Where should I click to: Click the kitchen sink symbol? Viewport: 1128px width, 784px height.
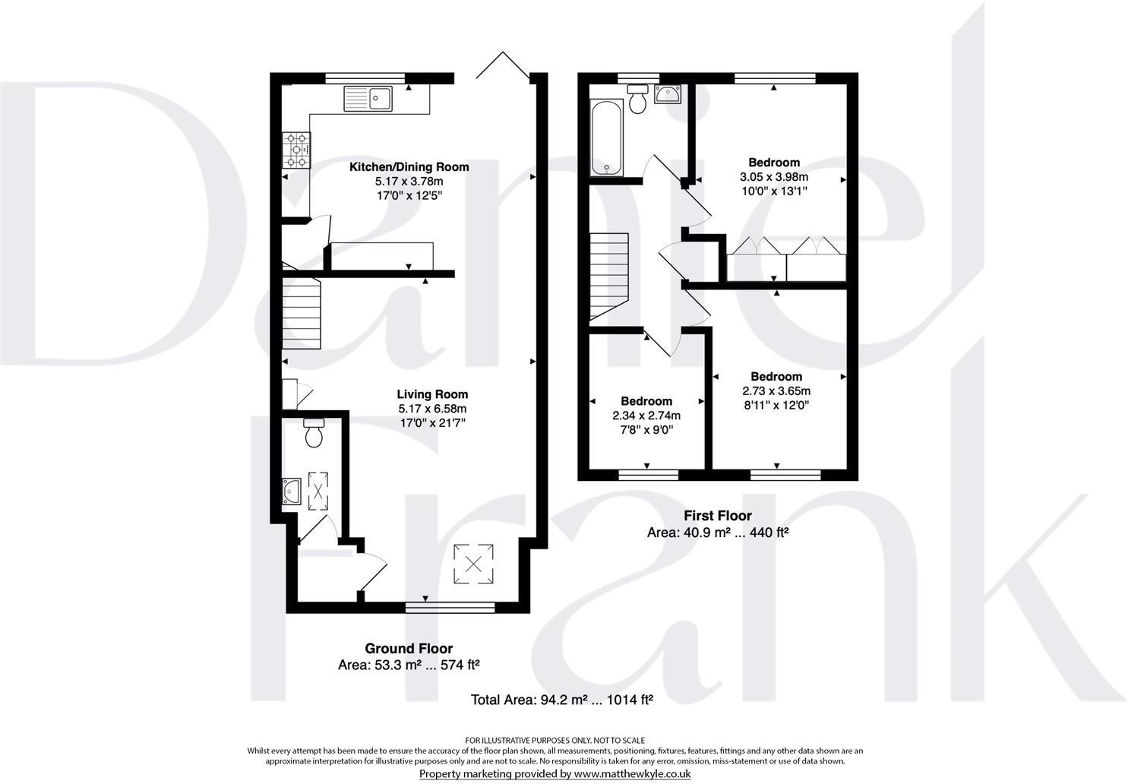(x=368, y=98)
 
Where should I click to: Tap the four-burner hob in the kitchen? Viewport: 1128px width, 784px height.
(x=297, y=150)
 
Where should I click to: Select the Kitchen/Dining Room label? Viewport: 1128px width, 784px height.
(x=409, y=166)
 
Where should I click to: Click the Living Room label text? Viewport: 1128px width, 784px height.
(x=432, y=394)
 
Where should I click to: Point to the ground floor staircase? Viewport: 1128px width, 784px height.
(x=302, y=314)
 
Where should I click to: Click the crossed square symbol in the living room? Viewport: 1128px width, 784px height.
(x=473, y=564)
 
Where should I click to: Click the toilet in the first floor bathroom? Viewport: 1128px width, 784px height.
(x=637, y=99)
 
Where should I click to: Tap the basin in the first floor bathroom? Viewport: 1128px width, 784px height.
(x=667, y=93)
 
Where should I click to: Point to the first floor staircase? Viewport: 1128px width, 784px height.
(x=609, y=276)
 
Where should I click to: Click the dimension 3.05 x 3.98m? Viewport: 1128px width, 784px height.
(x=773, y=177)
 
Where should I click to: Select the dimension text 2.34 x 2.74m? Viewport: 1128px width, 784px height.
(x=646, y=416)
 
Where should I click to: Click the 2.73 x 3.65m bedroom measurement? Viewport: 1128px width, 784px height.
(x=776, y=390)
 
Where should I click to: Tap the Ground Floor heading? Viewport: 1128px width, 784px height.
(x=409, y=648)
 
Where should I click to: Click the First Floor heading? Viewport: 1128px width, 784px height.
(x=717, y=516)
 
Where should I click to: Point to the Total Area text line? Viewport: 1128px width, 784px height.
(x=562, y=699)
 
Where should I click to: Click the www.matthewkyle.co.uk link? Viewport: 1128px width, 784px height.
(x=631, y=773)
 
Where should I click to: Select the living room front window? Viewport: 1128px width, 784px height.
(x=450, y=607)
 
